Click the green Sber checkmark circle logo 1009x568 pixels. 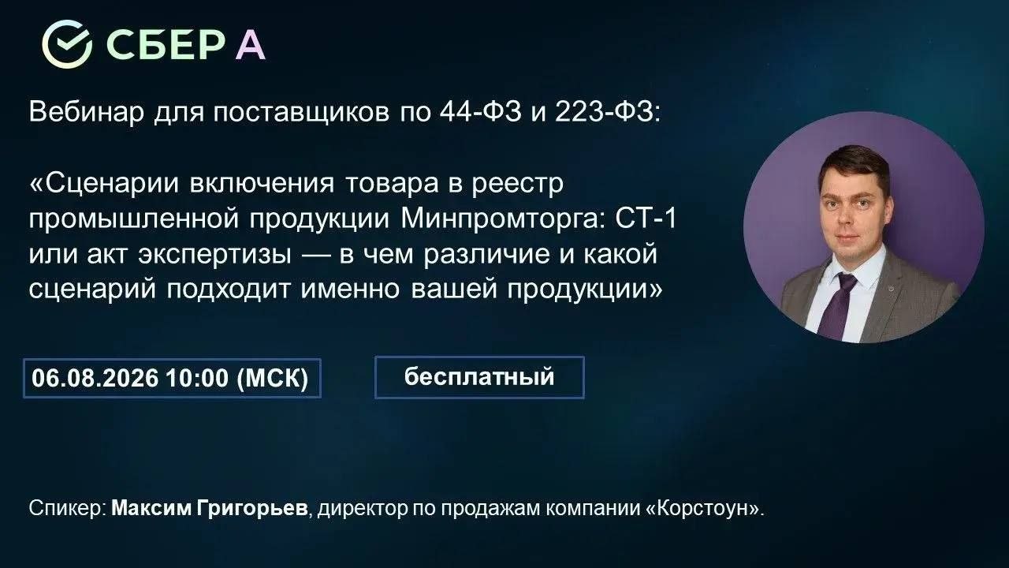[67, 44]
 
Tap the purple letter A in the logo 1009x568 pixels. [250, 46]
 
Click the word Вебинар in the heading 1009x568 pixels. [87, 112]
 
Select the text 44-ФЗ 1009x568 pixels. [480, 112]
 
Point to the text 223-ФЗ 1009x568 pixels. [608, 112]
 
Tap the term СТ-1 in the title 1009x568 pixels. [646, 219]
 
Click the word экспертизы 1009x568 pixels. [214, 255]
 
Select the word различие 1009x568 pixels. [486, 255]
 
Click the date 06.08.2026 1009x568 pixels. [95, 378]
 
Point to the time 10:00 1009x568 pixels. [197, 378]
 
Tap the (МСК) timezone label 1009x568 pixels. [273, 378]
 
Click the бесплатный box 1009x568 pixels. [479, 377]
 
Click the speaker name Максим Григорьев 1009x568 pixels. [210, 509]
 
